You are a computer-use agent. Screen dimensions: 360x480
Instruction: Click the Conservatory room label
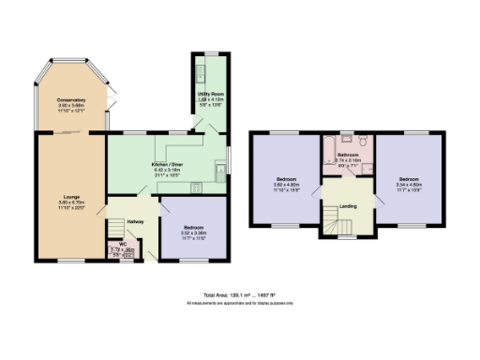pos(71,100)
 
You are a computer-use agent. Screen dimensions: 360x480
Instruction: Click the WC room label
pos(123,244)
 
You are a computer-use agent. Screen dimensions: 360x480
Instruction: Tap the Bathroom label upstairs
pos(349,155)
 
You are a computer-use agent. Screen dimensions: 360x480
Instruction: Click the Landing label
pos(347,206)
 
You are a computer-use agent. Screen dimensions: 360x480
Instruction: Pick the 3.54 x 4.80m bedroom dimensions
pos(407,184)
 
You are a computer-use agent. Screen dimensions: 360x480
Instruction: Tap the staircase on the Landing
pos(337,222)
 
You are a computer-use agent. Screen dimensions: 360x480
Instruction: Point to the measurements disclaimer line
pos(239,303)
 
